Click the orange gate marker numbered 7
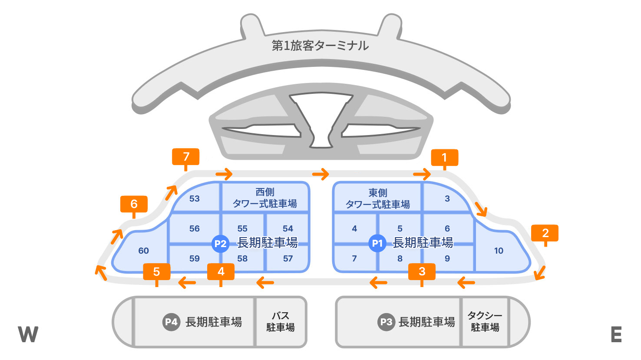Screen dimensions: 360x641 click(x=186, y=157)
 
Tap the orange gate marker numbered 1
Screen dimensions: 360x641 click(x=444, y=158)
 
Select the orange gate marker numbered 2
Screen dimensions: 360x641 click(x=545, y=233)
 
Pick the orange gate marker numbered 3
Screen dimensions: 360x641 click(x=422, y=272)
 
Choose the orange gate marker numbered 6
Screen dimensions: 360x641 click(x=134, y=204)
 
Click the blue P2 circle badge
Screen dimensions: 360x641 click(x=220, y=244)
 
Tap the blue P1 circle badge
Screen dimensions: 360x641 click(x=377, y=243)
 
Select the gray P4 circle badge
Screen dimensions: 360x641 click(x=171, y=322)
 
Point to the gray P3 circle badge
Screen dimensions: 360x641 click(x=386, y=322)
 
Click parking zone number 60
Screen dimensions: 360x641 click(x=143, y=251)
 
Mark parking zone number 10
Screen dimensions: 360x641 click(x=499, y=251)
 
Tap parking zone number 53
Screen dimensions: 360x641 click(x=195, y=198)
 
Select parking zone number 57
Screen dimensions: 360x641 click(x=288, y=258)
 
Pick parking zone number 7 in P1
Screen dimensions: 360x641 click(x=354, y=258)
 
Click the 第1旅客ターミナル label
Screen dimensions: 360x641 click(x=320, y=46)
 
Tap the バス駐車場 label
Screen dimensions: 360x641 click(x=281, y=322)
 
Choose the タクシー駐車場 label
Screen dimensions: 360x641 click(x=485, y=321)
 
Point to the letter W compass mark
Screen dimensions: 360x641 click(x=28, y=334)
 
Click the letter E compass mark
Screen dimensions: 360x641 click(x=616, y=334)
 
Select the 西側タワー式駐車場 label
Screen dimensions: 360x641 click(x=265, y=198)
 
